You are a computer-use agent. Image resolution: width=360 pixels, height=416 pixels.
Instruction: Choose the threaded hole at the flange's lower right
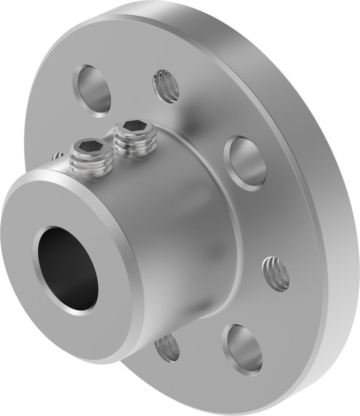[275, 272]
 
